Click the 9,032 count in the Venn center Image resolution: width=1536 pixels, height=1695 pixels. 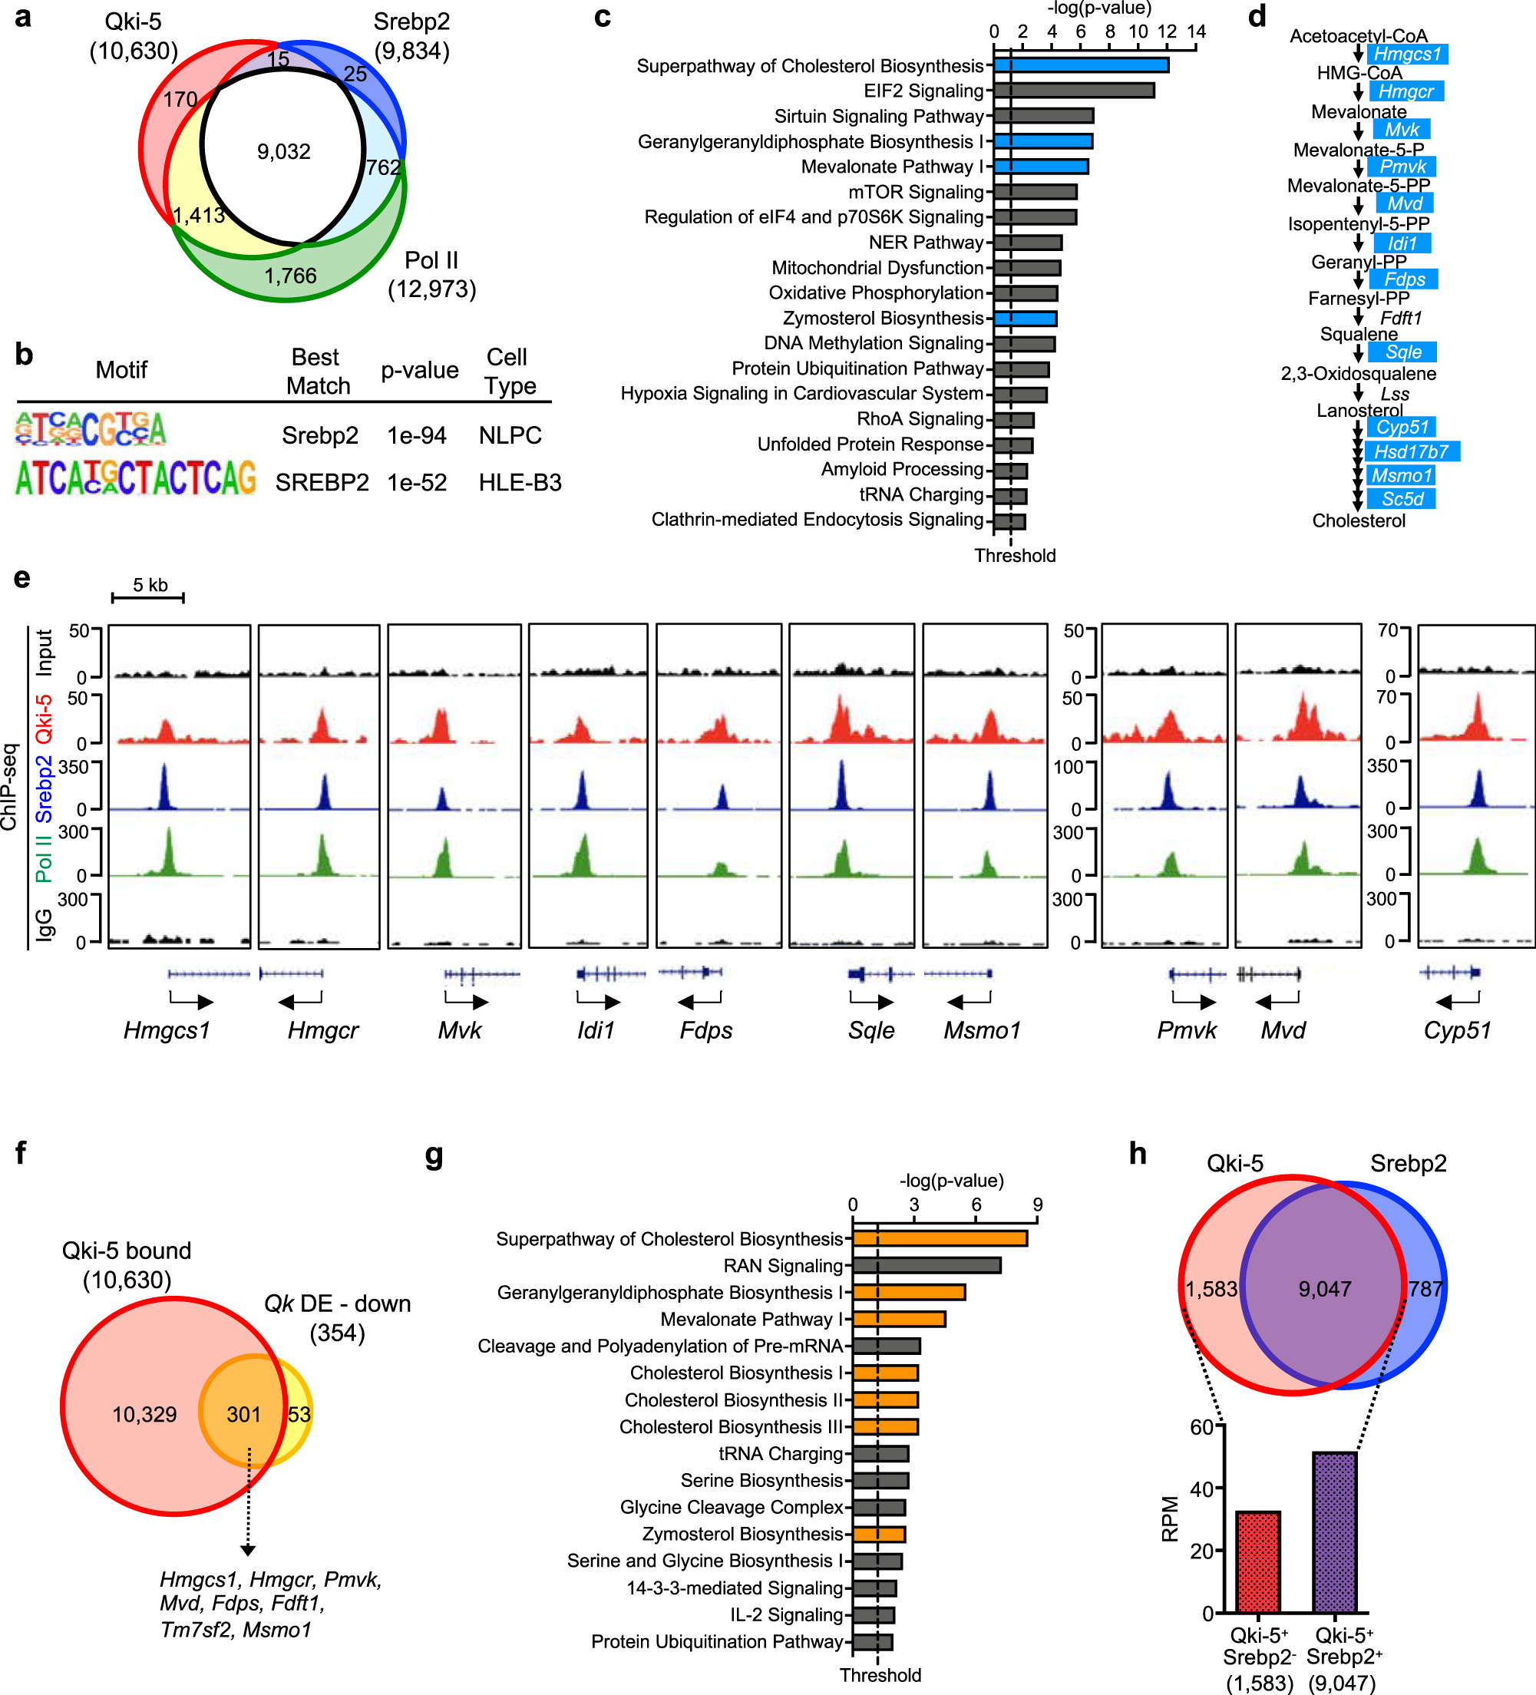tap(283, 152)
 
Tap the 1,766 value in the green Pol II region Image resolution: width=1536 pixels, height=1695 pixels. tap(290, 276)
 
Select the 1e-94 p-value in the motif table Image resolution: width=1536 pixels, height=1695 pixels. tap(416, 435)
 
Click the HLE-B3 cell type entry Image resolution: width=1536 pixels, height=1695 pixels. tap(520, 483)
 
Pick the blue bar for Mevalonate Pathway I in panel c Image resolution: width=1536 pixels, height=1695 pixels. tap(1041, 167)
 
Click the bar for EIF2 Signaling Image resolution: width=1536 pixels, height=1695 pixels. tap(1074, 91)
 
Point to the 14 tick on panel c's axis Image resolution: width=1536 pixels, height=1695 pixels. tap(1195, 32)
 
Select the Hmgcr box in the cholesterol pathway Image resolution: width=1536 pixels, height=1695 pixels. tap(1406, 91)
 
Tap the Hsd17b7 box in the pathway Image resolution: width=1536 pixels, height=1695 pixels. tap(1411, 451)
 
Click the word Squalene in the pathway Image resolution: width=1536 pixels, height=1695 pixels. tap(1359, 334)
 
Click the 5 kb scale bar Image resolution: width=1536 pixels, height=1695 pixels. tap(148, 597)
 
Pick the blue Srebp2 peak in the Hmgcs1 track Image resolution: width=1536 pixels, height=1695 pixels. tap(164, 787)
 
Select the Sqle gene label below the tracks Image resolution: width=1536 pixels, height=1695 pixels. tap(871, 1030)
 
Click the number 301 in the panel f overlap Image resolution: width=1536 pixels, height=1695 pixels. tap(244, 1414)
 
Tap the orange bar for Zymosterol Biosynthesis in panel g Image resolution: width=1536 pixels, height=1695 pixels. tap(879, 1535)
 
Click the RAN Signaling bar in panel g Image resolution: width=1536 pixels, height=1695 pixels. tap(927, 1265)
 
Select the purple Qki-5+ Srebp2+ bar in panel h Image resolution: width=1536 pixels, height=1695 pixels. tap(1334, 1532)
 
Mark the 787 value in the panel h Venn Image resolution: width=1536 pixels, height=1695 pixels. tap(1426, 1289)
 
